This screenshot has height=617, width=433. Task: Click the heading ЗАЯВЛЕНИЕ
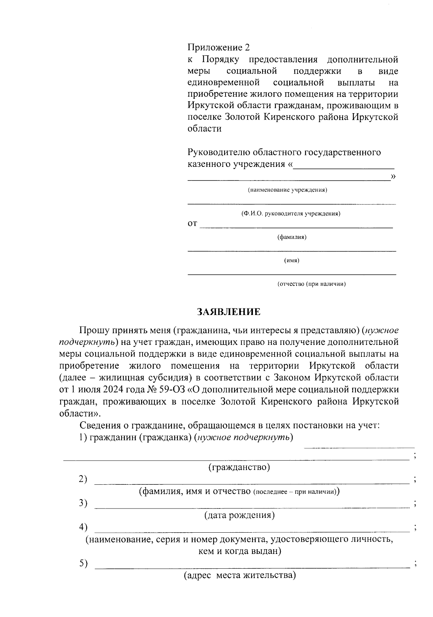pos(229,312)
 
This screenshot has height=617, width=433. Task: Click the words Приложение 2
pos(218,47)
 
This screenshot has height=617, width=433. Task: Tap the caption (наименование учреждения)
pos(287,190)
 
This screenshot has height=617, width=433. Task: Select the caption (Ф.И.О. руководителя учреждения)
pos(291,213)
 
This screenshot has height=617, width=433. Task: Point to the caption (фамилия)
pos(292,237)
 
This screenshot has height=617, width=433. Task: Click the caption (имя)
pos(292,261)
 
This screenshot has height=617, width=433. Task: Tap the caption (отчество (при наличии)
pos(311,284)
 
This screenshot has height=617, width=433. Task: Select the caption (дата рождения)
pos(239,515)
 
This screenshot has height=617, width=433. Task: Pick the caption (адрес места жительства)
pos(240,575)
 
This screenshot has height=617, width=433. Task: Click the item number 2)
pos(83,479)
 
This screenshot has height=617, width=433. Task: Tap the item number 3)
pos(83,503)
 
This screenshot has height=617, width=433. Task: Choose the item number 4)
pos(83,527)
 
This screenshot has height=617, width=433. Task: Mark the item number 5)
pos(83,564)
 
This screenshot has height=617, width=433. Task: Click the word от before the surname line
pos(192,224)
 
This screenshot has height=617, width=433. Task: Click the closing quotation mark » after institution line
pos(393,176)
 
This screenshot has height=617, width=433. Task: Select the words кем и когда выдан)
pos(240,551)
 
